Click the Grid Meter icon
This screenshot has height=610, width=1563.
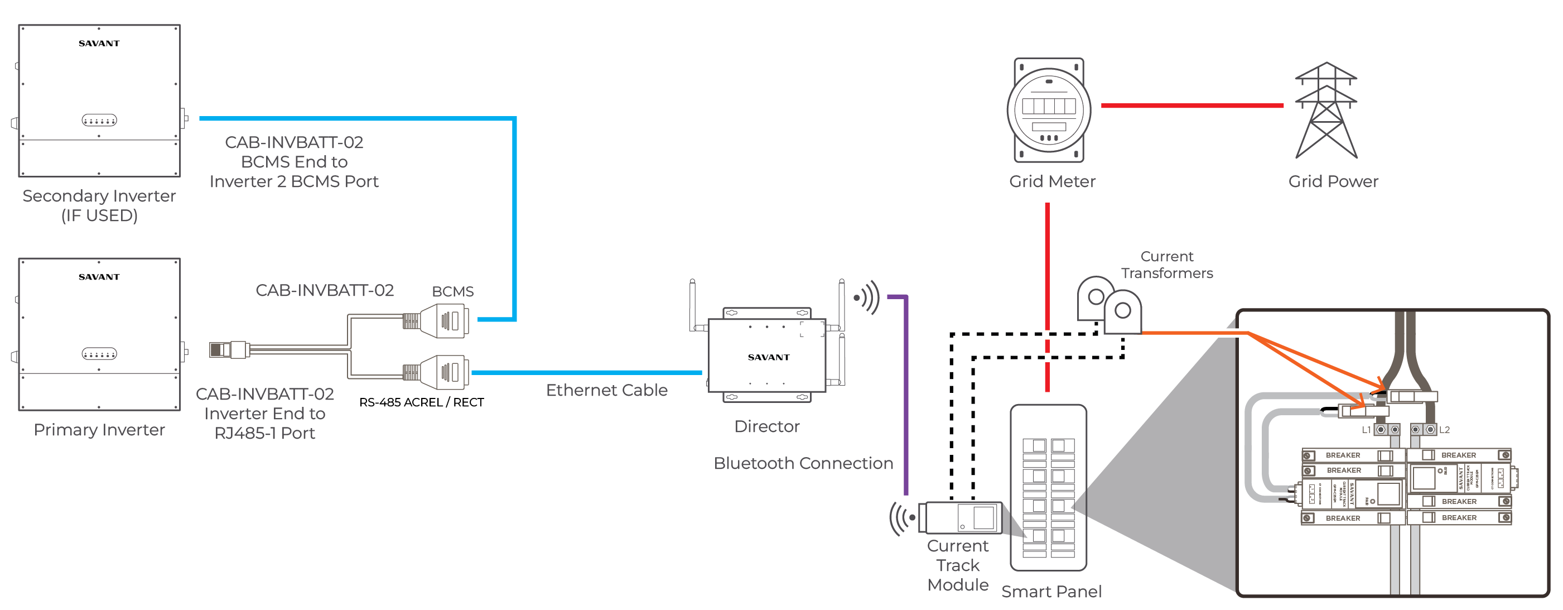pyautogui.click(x=1049, y=110)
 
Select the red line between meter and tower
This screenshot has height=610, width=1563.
pyautogui.click(x=1191, y=105)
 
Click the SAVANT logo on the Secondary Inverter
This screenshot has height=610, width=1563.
pyautogui.click(x=99, y=43)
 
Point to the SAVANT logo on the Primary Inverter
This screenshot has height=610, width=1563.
pyautogui.click(x=99, y=277)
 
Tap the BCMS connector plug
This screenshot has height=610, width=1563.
pyautogui.click(x=446, y=320)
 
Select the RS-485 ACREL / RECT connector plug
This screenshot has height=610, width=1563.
pyautogui.click(x=446, y=372)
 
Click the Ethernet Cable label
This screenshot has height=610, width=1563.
pyautogui.click(x=606, y=390)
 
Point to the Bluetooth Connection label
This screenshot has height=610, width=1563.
pyautogui.click(x=803, y=463)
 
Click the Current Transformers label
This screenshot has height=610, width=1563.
pyautogui.click(x=1166, y=265)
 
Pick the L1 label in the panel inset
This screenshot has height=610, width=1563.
pyautogui.click(x=1366, y=430)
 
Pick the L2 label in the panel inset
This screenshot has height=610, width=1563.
pyautogui.click(x=1445, y=430)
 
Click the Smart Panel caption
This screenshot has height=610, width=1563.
pyautogui.click(x=1051, y=591)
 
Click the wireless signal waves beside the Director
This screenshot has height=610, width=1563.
pyautogui.click(x=867, y=297)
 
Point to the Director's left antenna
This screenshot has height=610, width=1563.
pyautogui.click(x=692, y=304)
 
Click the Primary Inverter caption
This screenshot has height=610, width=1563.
pyautogui.click(x=99, y=430)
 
